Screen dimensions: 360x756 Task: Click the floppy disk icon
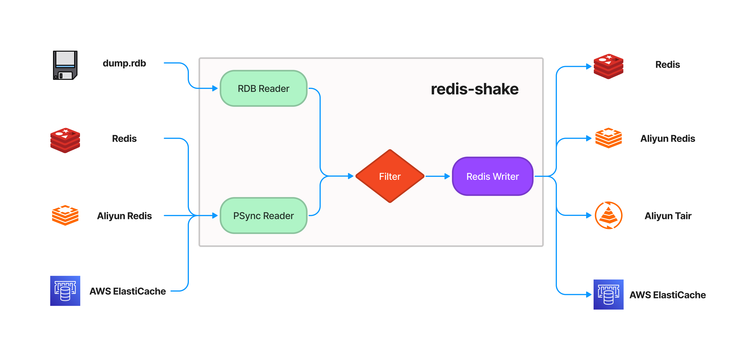coord(65,65)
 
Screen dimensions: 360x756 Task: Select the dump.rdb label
coord(124,63)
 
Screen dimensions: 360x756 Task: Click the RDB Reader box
coord(263,88)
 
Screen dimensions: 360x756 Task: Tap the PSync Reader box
coord(263,216)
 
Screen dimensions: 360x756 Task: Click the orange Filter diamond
coord(390,176)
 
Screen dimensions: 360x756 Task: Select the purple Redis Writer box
coord(492,176)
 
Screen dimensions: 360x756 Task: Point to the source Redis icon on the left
coord(65,140)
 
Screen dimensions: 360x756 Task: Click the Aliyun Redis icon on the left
coord(65,215)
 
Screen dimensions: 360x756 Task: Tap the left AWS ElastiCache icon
coord(65,291)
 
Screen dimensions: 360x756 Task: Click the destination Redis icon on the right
coord(608,66)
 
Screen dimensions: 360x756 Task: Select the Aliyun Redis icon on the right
coord(608,138)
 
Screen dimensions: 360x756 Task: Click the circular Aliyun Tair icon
coord(608,215)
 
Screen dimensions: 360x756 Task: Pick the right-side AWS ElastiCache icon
coord(608,294)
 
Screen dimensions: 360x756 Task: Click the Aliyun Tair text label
coord(668,216)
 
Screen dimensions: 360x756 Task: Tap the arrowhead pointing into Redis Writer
coord(447,176)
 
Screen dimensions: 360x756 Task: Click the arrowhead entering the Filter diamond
coord(350,176)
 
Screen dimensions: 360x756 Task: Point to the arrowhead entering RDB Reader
coord(215,88)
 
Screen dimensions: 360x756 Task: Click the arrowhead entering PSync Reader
coord(215,216)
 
